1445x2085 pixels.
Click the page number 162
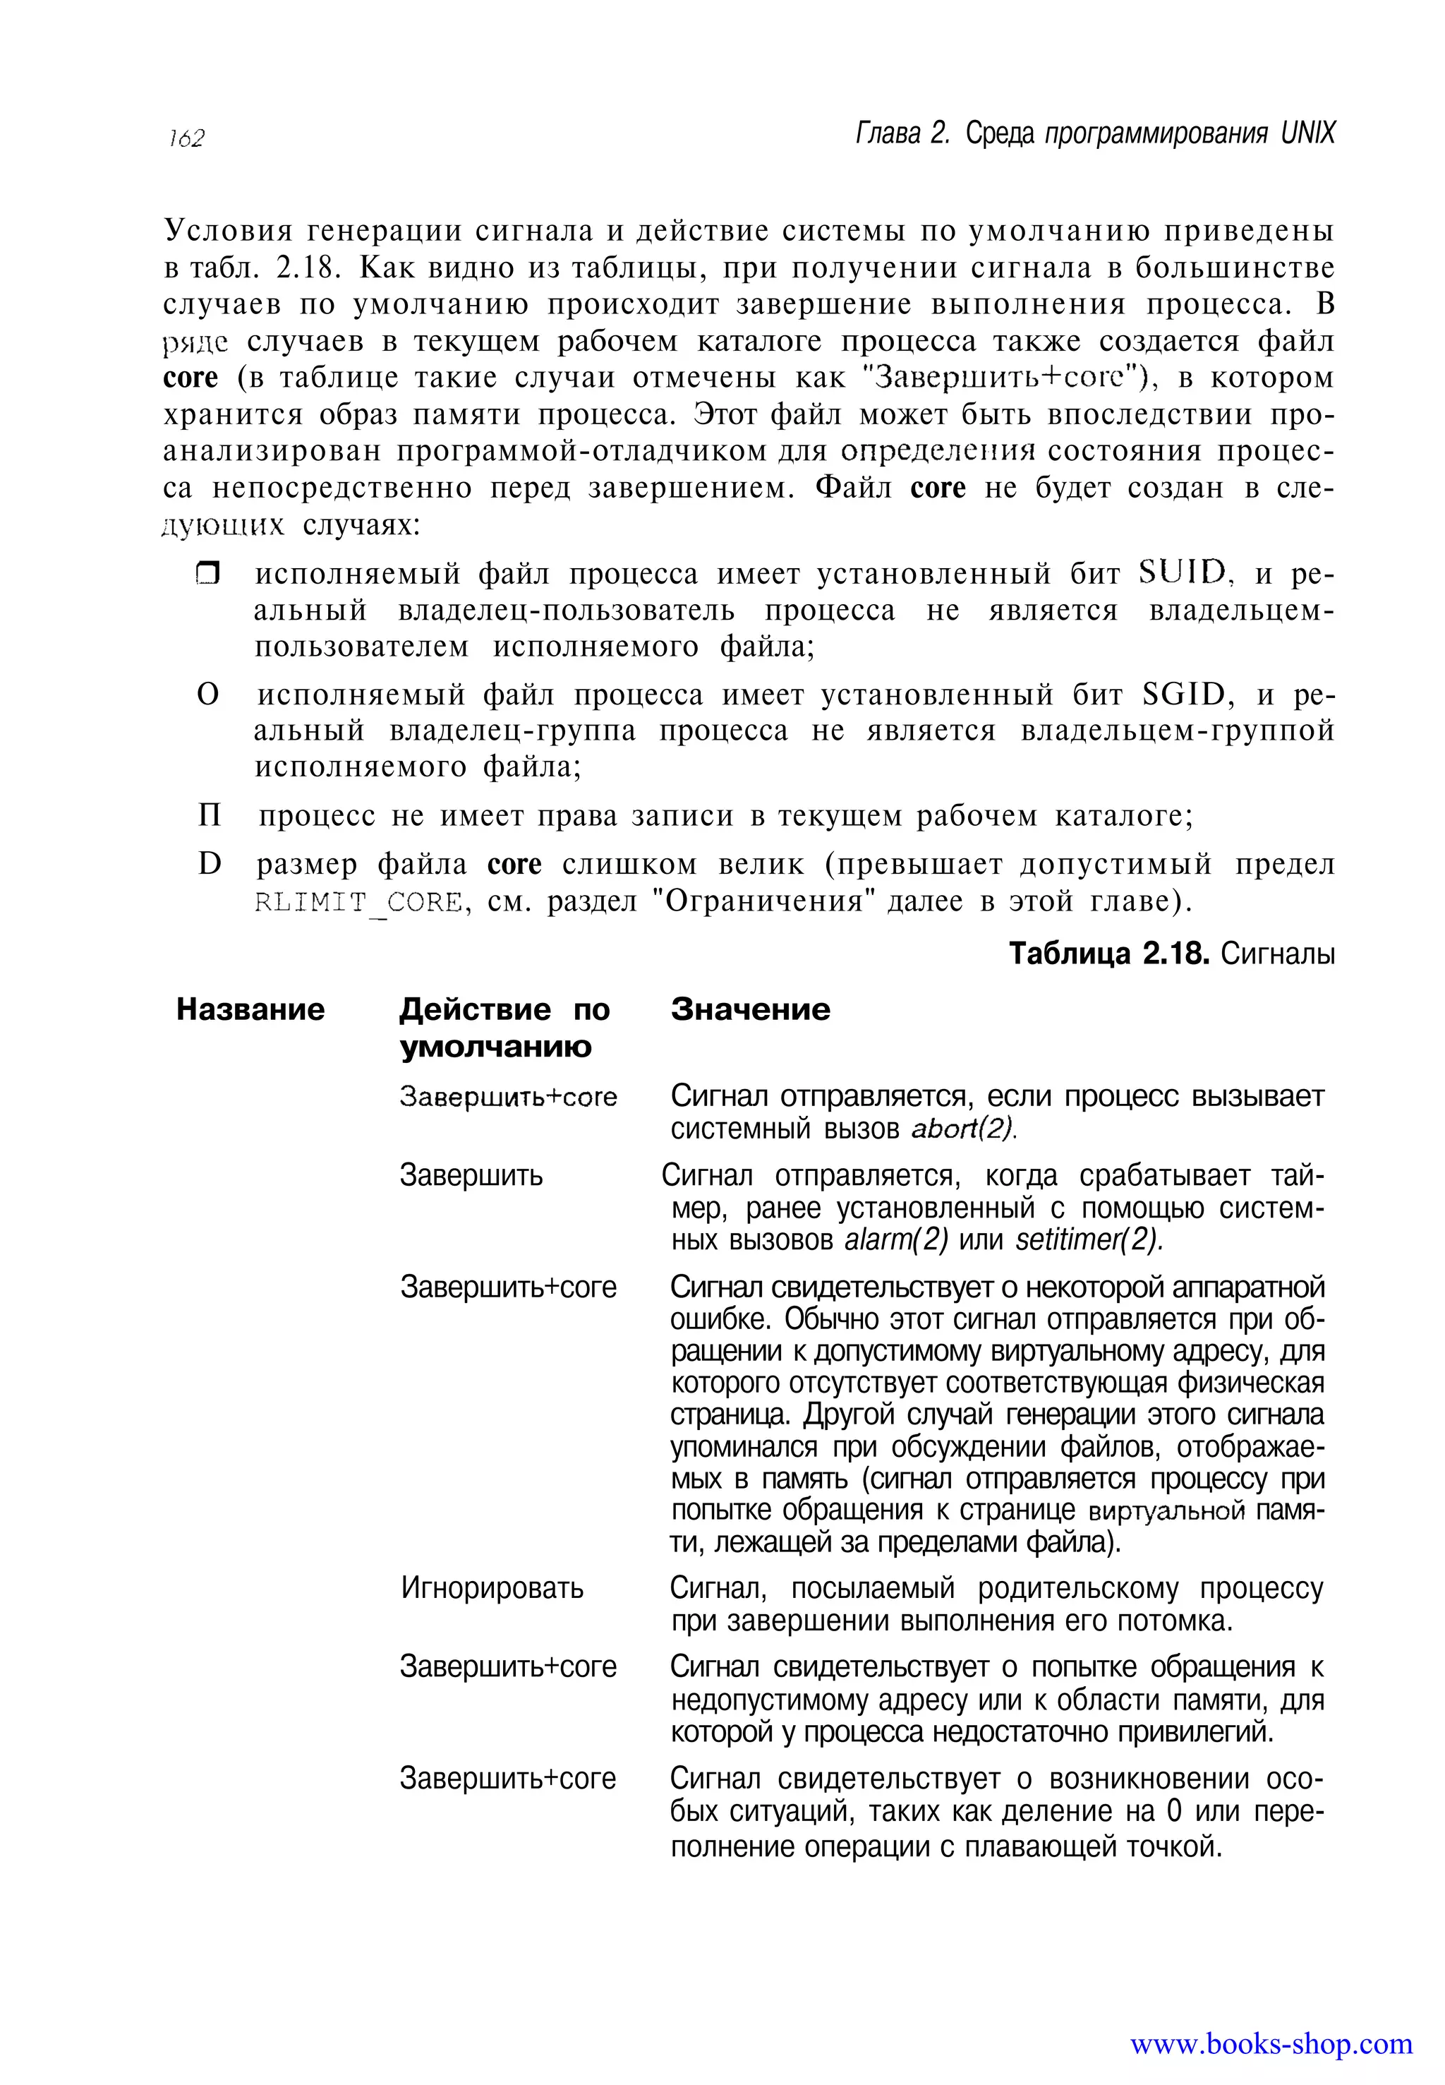pos(186,138)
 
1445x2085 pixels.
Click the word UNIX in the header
pos(1307,134)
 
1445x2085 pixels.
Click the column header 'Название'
pos(250,1009)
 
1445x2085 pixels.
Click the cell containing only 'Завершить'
pos(471,1176)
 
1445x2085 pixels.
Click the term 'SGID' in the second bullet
pos(1183,695)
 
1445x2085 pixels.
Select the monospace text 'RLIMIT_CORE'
pos(358,902)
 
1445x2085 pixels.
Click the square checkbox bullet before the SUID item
pos(208,575)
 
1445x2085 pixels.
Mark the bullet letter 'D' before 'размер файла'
pos(209,864)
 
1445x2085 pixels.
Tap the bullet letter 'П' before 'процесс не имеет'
pos(209,816)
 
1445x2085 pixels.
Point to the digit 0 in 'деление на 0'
pos(1174,1811)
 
